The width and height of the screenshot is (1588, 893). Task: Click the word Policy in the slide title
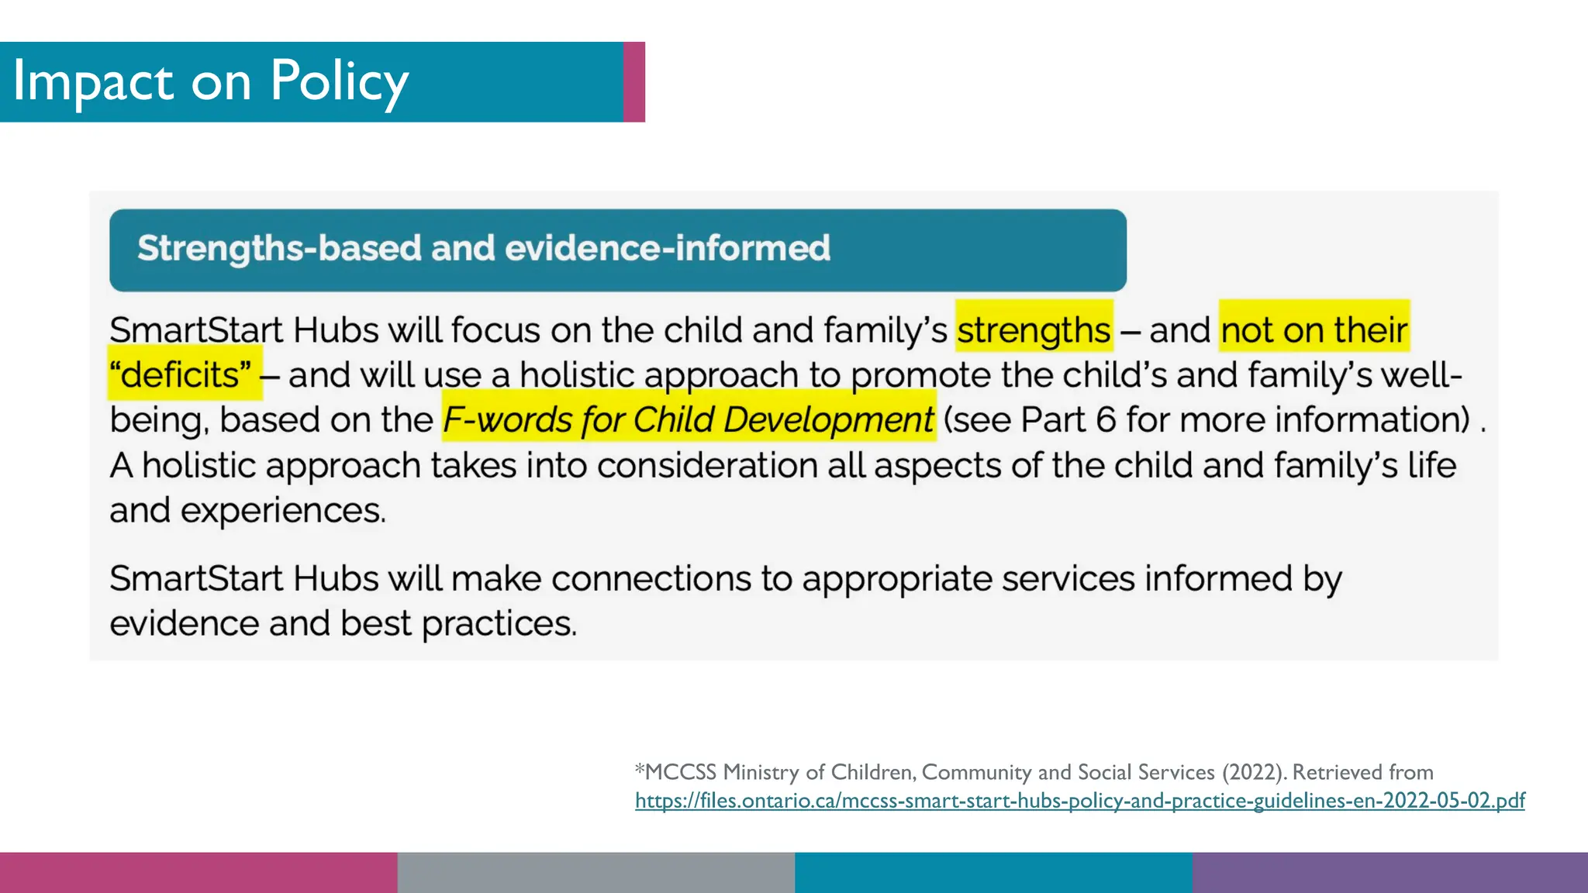point(339,82)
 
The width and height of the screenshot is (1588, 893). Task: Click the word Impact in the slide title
point(93,82)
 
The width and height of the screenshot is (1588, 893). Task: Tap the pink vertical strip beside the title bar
point(634,82)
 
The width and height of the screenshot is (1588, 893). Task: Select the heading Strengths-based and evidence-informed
point(483,249)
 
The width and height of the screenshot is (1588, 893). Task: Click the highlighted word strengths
point(1034,330)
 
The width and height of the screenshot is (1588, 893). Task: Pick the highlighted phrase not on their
point(1314,330)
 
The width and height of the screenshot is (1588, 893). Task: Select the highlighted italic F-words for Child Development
point(688,420)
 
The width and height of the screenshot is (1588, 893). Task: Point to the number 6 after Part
point(1106,420)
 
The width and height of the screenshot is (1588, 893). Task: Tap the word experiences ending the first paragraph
point(282,511)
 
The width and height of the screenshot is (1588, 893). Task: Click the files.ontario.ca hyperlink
point(1079,801)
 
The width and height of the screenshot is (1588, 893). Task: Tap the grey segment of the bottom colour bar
point(595,873)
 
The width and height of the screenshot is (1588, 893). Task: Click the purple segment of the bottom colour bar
point(1389,873)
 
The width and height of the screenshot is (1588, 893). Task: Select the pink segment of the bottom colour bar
point(198,873)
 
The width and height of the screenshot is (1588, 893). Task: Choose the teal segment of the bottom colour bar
point(992,873)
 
